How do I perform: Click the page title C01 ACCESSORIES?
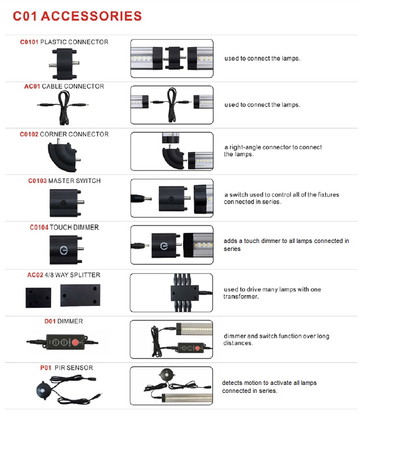point(77,16)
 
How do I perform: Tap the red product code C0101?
point(29,42)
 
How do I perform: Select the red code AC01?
point(32,86)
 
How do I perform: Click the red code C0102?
point(29,135)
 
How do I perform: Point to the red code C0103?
point(37,181)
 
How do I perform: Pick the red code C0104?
point(39,228)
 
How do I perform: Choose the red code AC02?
point(35,275)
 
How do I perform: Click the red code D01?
point(50,321)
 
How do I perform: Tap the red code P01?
point(45,368)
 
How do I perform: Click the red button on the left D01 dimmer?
point(76,342)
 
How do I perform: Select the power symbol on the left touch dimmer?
point(64,250)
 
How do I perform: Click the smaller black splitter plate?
point(38,298)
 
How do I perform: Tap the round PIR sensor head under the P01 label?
point(44,390)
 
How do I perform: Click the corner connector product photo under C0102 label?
point(64,156)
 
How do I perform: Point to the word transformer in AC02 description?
point(241,296)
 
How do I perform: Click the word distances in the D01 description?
point(238,343)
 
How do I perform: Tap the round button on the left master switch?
point(63,203)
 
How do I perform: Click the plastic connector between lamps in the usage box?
point(174,58)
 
